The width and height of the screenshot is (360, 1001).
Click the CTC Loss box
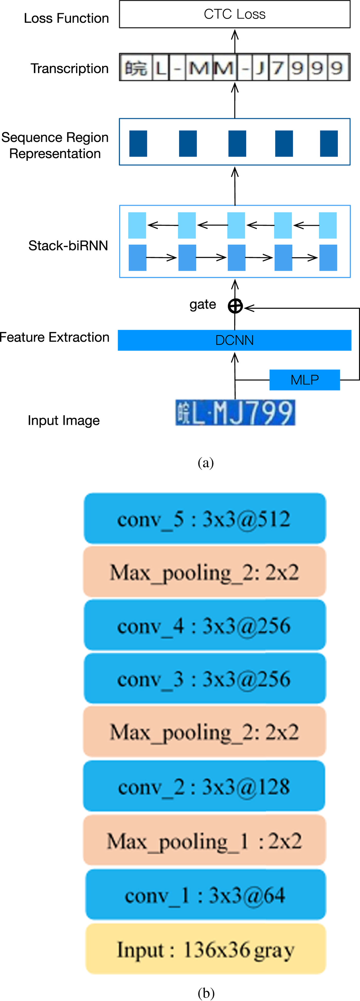[x=235, y=14]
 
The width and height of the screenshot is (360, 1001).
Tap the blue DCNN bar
[x=235, y=340]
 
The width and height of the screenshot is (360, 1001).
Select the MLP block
[x=305, y=380]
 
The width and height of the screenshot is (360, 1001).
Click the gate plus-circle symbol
[x=235, y=306]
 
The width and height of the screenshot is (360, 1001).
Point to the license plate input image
[x=235, y=412]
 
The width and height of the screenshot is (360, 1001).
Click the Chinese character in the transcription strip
[x=136, y=68]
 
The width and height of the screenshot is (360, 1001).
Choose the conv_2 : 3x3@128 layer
[x=204, y=786]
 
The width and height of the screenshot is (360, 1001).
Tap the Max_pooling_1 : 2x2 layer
[x=204, y=840]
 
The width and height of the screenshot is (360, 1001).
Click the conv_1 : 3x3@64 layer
[x=206, y=895]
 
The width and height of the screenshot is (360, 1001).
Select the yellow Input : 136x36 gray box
[x=206, y=949]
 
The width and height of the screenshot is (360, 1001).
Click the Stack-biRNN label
[x=68, y=245]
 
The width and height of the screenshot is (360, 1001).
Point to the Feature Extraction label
[x=55, y=337]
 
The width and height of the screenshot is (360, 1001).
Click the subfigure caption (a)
[x=206, y=462]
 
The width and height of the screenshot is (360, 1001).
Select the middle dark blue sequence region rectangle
[x=237, y=143]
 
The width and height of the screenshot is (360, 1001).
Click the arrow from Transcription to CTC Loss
[x=235, y=42]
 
